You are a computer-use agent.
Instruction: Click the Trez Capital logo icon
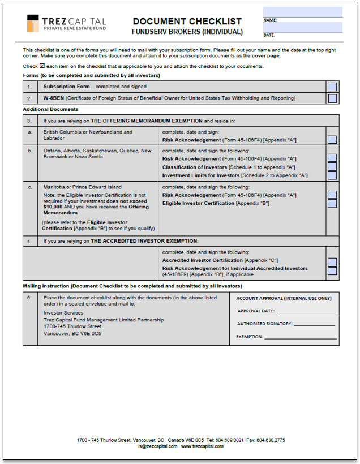(33, 23)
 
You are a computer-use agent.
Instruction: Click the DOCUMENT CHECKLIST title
(187, 22)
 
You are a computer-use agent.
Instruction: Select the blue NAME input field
(302, 12)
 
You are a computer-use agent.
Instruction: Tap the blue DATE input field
(302, 28)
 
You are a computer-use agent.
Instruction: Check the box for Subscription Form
(332, 87)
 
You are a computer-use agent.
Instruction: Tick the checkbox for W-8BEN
(332, 98)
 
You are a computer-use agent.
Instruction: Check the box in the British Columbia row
(332, 140)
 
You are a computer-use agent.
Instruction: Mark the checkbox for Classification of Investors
(332, 167)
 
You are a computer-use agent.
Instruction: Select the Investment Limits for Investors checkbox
(332, 175)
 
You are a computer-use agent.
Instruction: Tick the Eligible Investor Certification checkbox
(332, 203)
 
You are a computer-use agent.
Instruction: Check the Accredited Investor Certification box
(332, 263)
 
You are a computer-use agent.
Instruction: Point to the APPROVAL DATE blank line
(306, 312)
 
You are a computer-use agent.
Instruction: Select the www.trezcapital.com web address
(202, 446)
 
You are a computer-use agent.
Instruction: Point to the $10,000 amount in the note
(53, 207)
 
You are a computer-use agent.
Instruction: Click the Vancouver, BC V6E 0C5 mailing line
(72, 333)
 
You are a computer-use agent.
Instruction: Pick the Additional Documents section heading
(50, 109)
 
